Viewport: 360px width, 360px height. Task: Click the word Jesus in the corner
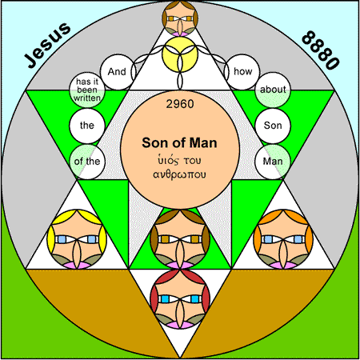point(47,45)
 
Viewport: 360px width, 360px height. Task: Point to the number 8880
point(321,50)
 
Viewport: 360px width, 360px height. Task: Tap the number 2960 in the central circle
point(180,104)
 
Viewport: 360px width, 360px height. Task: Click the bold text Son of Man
point(179,142)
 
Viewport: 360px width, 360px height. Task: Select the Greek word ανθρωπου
point(179,174)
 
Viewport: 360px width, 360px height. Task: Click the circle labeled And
point(118,72)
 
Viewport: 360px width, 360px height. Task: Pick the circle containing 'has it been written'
point(87,90)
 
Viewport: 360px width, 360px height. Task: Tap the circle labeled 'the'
point(87,126)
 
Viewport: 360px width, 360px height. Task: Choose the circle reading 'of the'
point(87,162)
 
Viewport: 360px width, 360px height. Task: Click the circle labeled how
point(242,72)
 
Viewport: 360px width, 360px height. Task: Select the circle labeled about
point(273,90)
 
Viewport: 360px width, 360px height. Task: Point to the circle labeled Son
point(273,126)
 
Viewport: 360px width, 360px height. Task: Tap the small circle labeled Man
point(273,162)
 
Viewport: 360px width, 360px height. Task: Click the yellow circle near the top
point(180,54)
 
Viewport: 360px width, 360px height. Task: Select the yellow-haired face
point(77,239)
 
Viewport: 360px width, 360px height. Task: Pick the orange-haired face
point(283,239)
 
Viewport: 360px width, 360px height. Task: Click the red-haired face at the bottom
point(180,298)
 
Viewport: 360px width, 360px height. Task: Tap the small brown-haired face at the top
point(180,18)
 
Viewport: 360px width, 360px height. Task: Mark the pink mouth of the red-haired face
point(180,325)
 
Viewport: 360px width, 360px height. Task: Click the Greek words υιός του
point(179,160)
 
